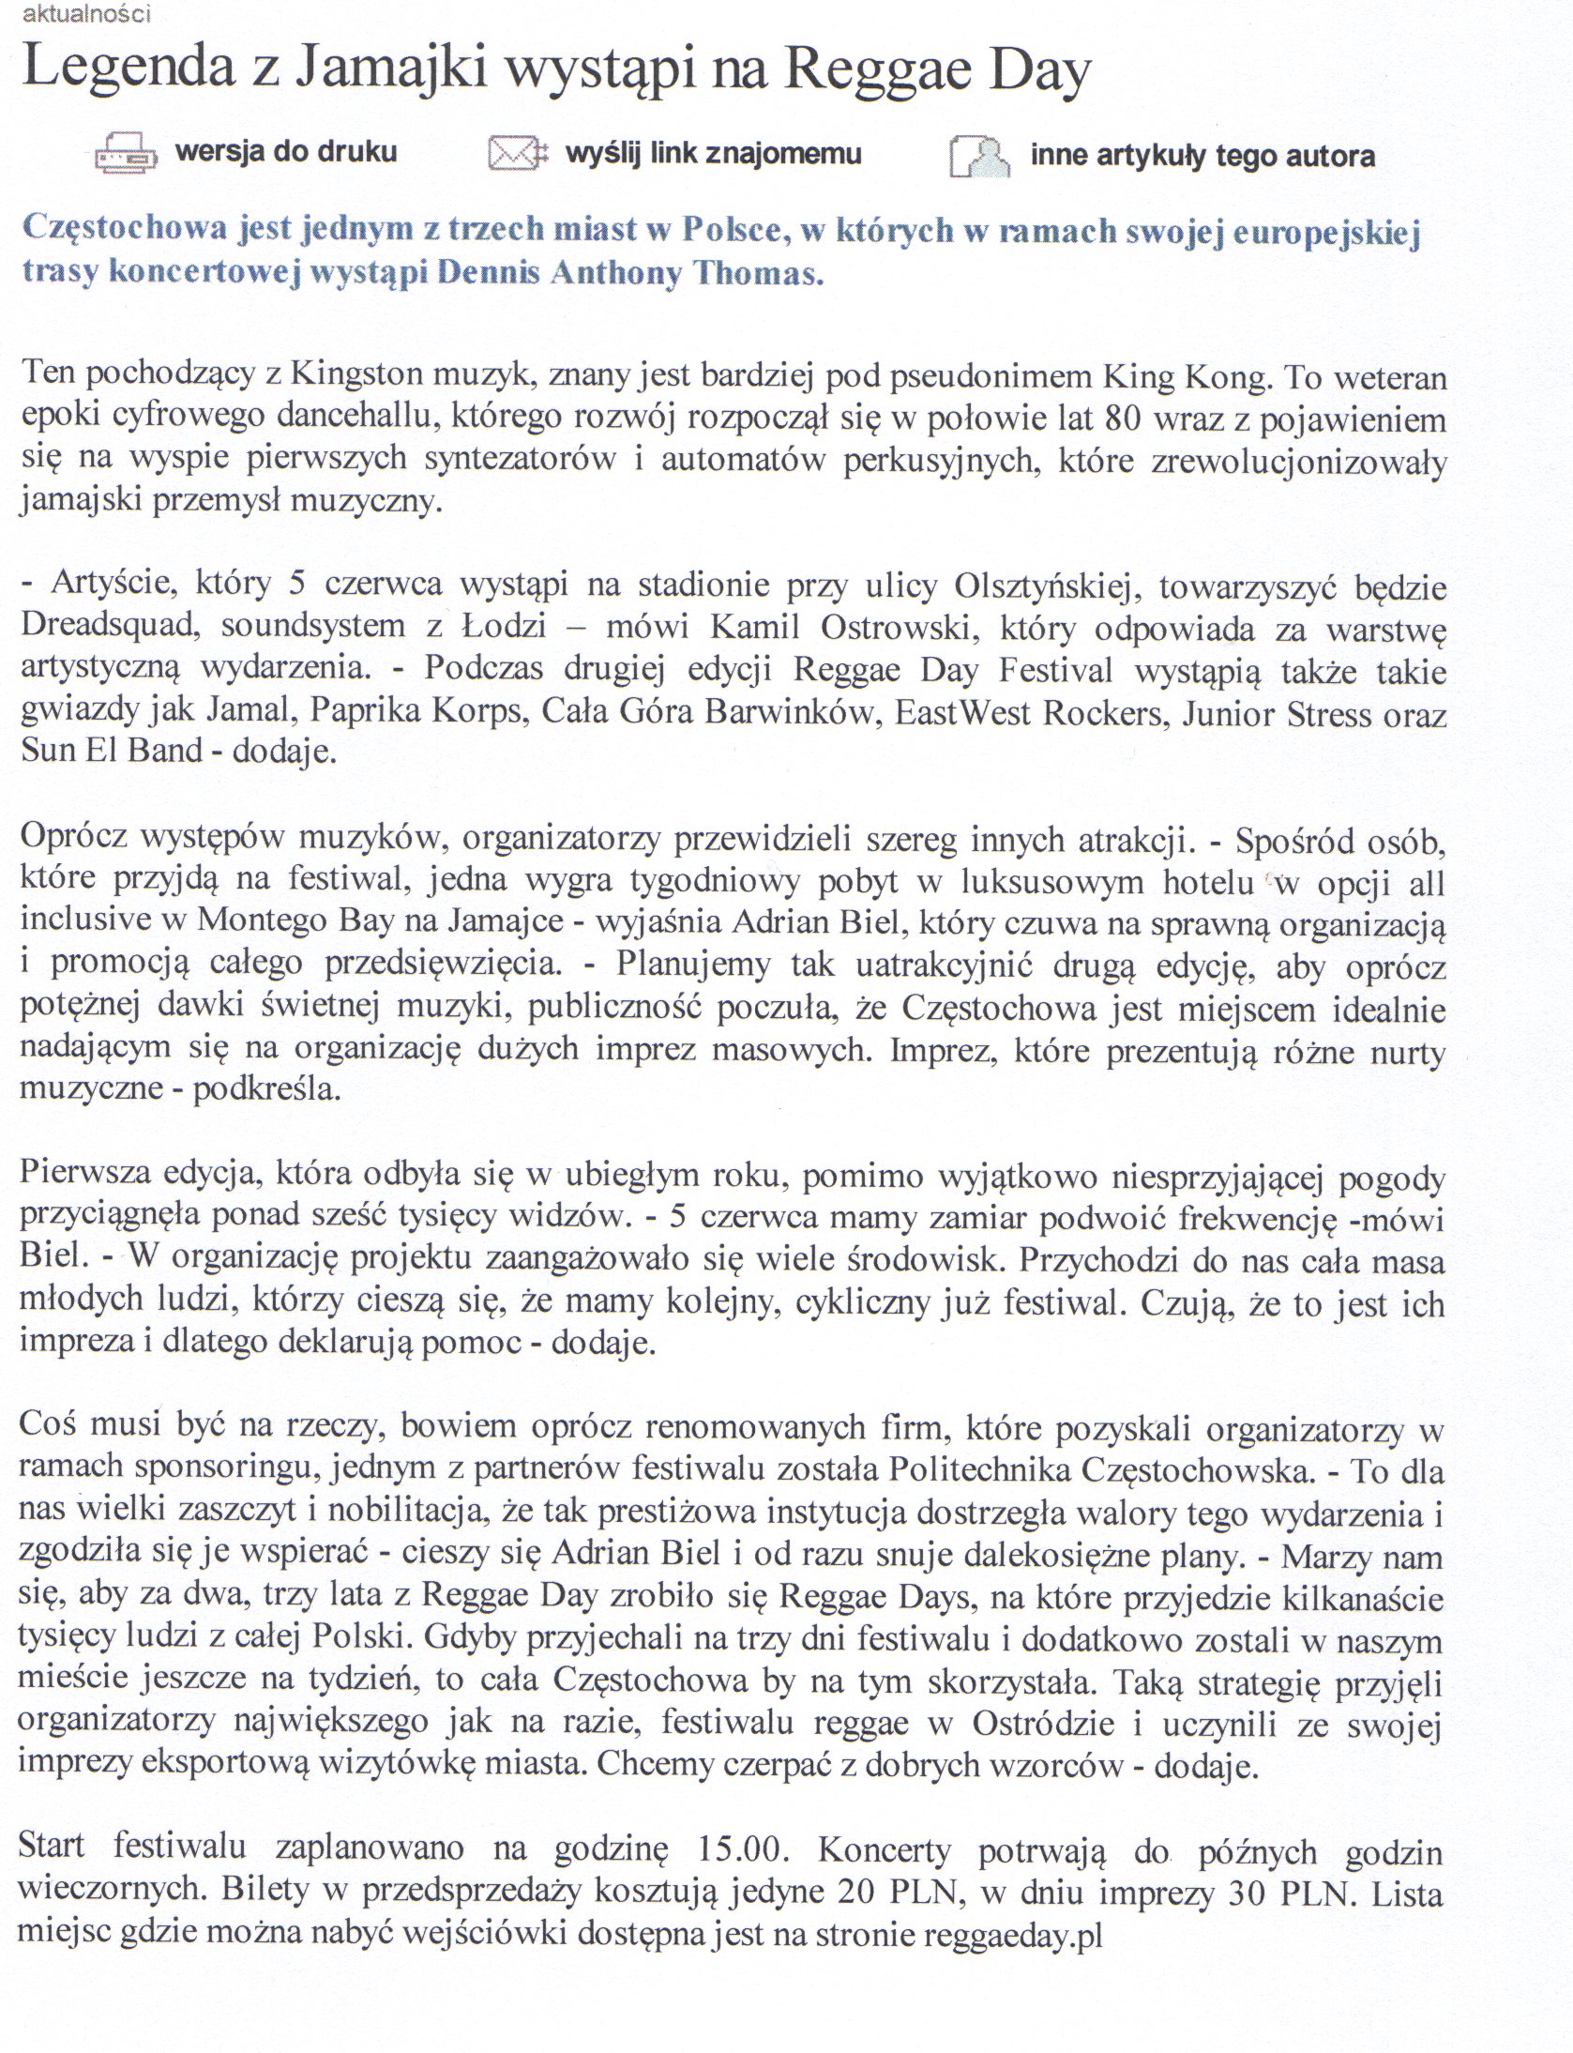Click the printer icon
click(128, 155)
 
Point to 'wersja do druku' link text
click(287, 152)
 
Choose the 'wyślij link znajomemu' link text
click(713, 154)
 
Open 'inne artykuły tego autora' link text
click(1202, 156)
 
